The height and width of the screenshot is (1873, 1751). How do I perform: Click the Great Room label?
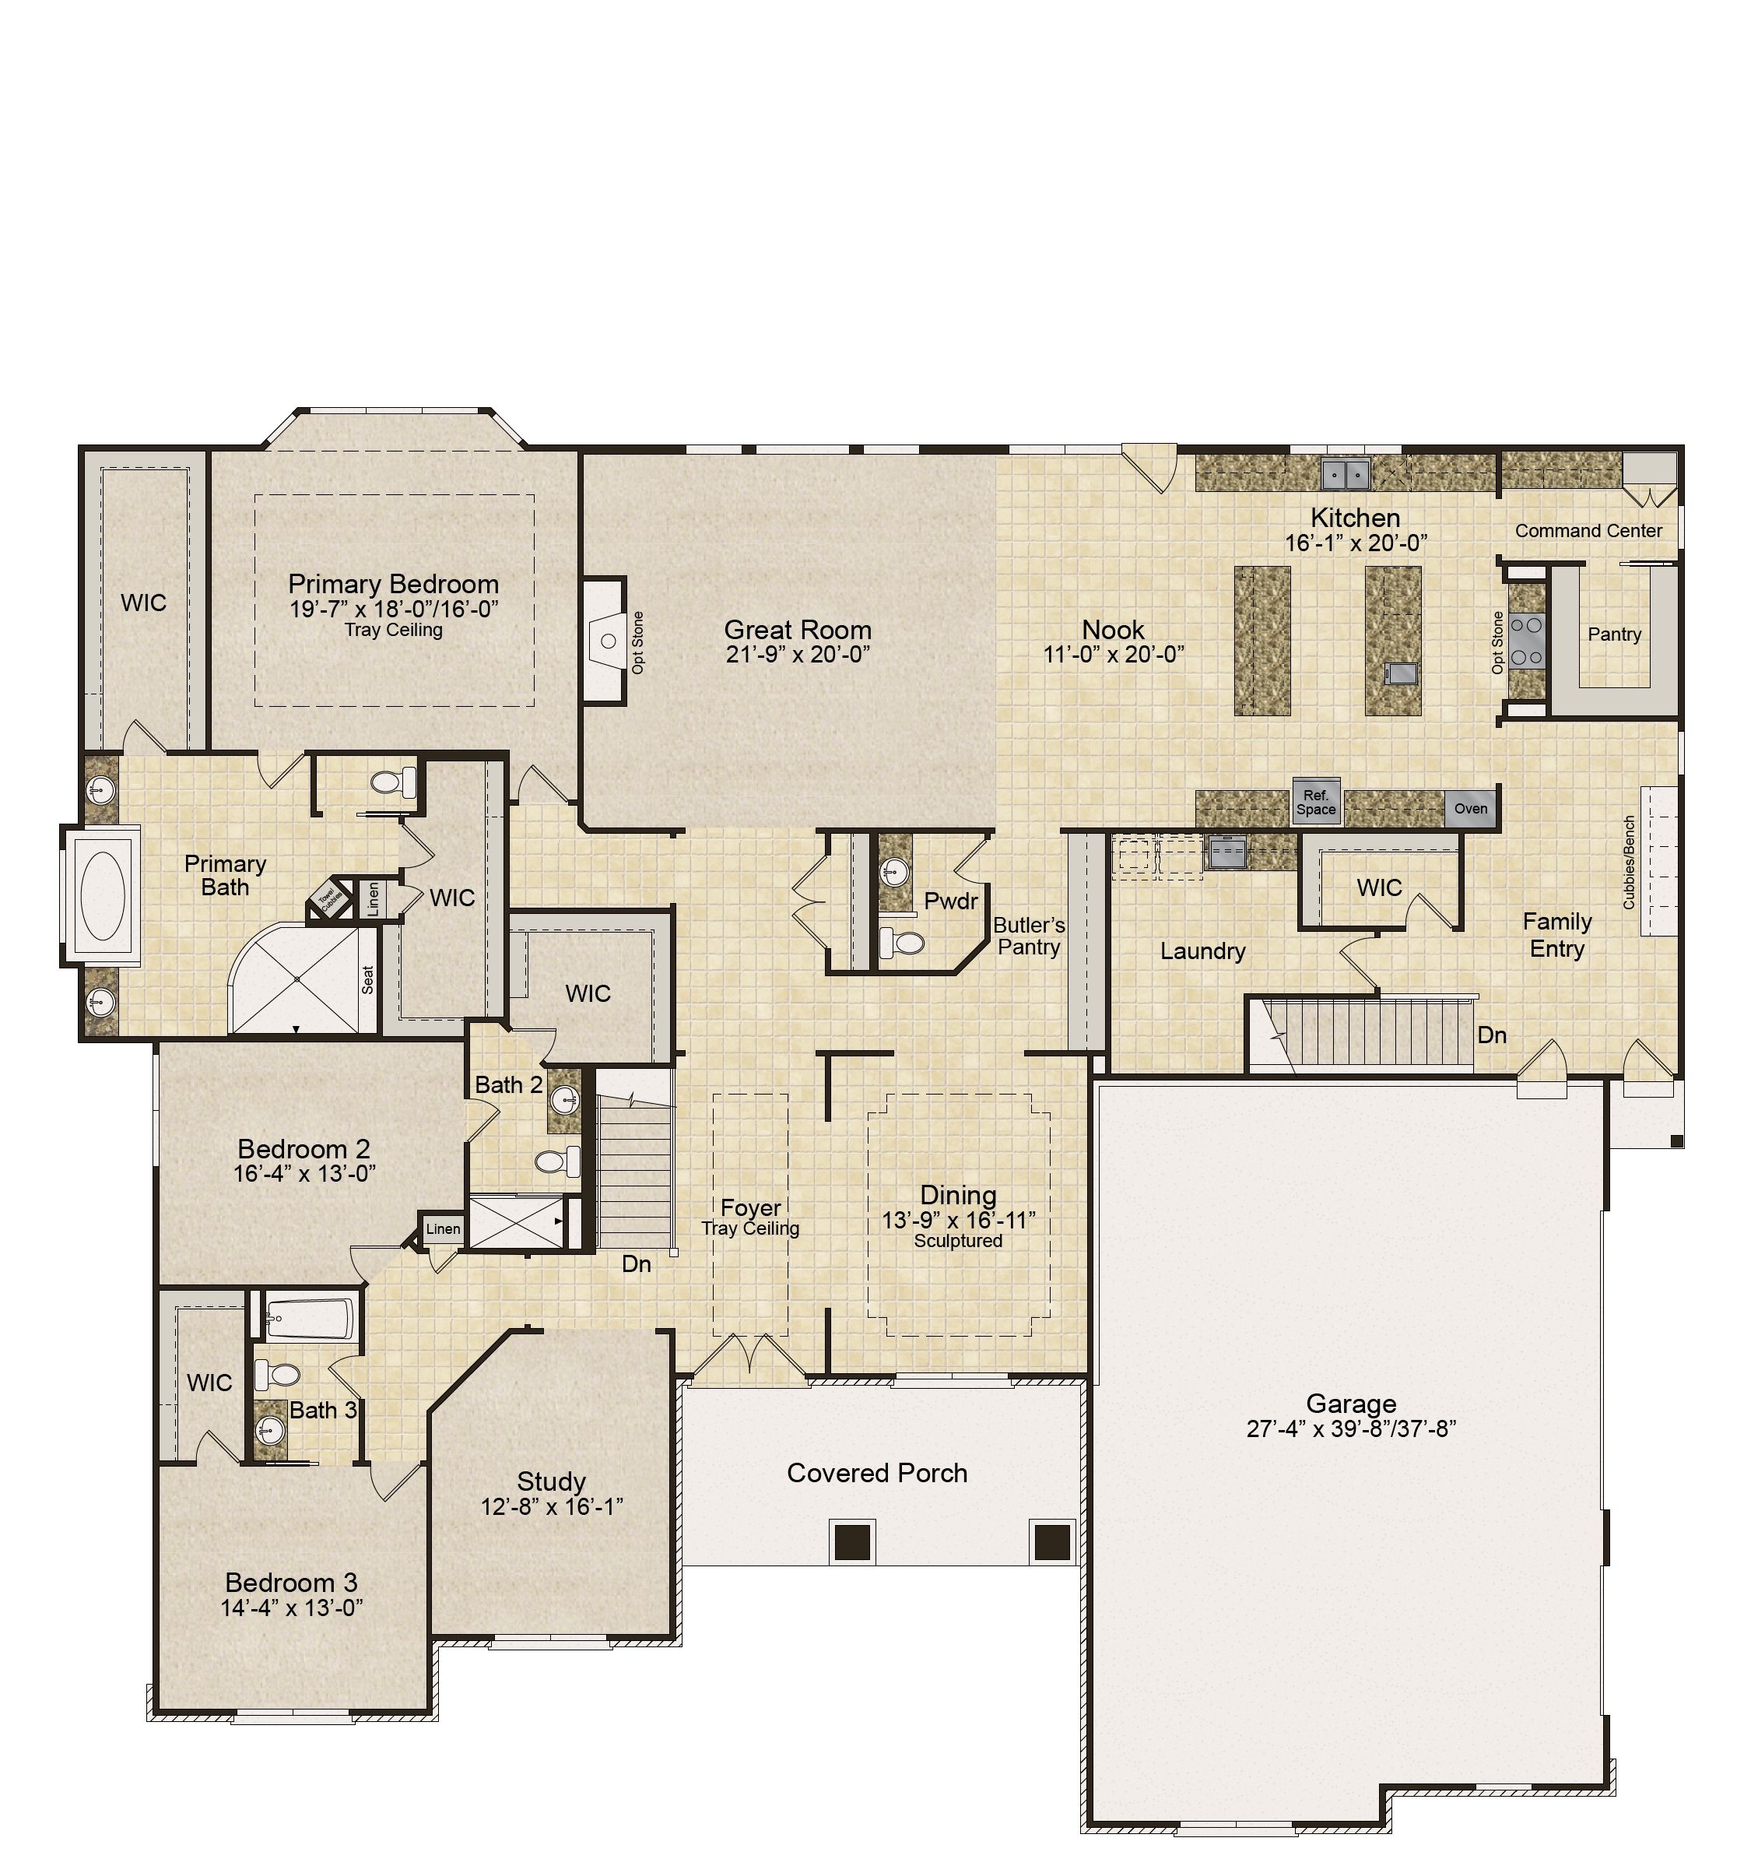pos(797,629)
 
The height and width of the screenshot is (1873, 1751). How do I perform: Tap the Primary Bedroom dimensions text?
pos(394,609)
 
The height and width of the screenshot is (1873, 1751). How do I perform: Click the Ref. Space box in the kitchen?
pos(1315,802)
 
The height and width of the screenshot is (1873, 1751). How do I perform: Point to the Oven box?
pos(1470,808)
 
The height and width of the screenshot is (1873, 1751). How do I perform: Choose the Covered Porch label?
pos(877,1473)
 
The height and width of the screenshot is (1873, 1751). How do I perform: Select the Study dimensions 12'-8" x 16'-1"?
pos(552,1506)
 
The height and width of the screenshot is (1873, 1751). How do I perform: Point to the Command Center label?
pos(1588,530)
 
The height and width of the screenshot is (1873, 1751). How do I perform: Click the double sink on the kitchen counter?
pos(1345,473)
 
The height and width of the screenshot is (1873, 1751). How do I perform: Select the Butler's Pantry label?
pos(1029,936)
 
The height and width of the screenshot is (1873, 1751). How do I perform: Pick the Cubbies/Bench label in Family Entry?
pos(1629,862)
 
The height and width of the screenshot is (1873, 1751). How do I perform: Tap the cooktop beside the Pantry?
pos(1527,641)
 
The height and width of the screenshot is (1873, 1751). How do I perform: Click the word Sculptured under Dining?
pos(958,1241)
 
